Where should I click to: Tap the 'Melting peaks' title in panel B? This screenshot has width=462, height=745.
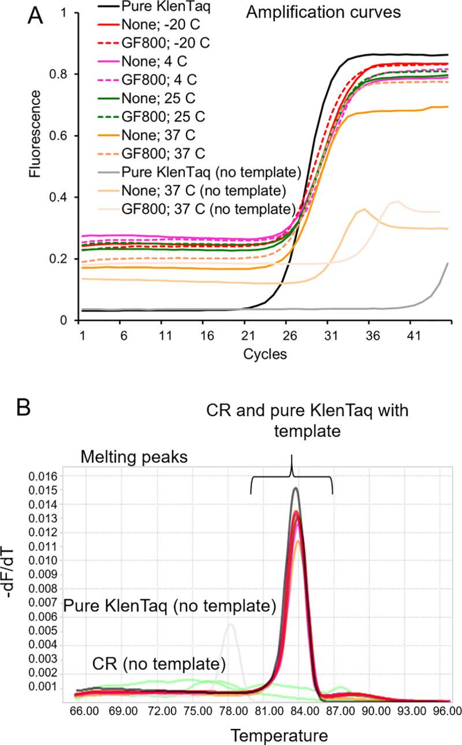click(x=132, y=459)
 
